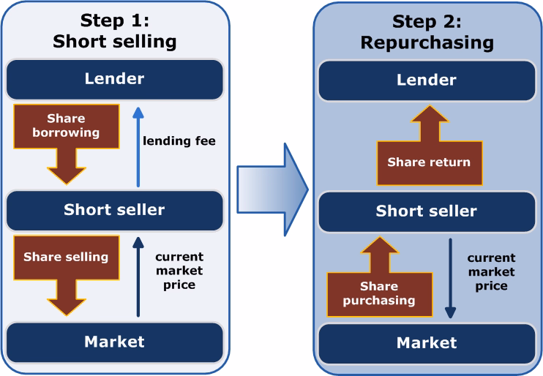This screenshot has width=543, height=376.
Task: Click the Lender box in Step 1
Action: point(114,79)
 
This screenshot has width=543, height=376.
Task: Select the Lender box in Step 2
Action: point(427,80)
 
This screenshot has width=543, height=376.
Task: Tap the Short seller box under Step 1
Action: point(114,210)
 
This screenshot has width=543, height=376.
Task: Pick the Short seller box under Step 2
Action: point(427,211)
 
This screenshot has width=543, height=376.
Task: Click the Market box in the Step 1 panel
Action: point(114,342)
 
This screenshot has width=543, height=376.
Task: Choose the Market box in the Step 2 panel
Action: point(427,343)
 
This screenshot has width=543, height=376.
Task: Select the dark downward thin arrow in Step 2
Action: point(450,278)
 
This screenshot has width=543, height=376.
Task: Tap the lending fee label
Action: point(179,141)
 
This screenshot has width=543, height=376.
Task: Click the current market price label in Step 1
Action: point(179,271)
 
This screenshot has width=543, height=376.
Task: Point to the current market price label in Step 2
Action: point(491,271)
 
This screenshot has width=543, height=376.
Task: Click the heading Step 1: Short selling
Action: point(114,31)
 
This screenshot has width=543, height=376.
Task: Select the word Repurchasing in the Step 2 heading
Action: point(427,42)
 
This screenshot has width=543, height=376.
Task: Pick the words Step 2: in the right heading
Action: point(427,21)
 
